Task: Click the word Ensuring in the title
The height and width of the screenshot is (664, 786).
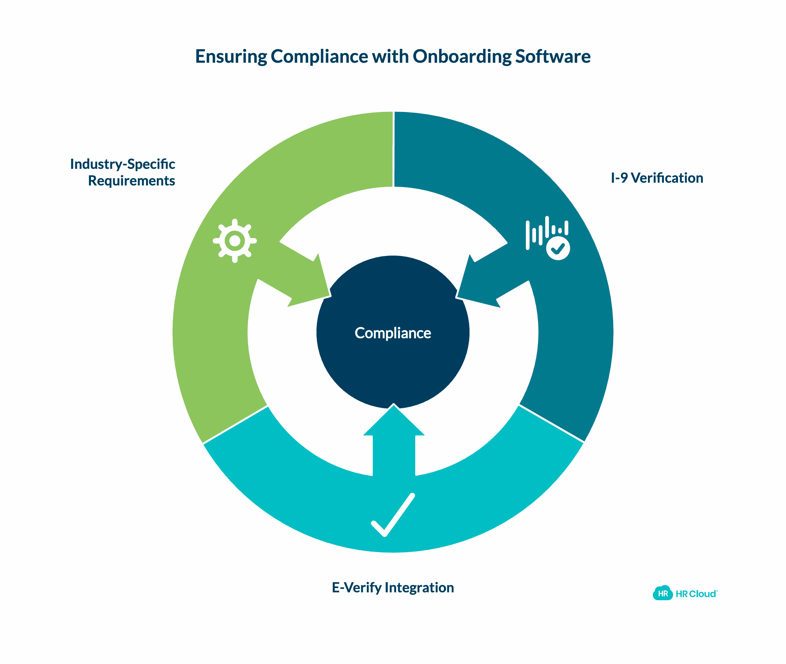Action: point(231,57)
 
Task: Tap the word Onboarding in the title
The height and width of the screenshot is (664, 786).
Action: point(462,57)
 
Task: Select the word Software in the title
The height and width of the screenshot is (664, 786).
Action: point(553,57)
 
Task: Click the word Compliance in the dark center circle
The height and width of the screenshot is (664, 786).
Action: point(393,333)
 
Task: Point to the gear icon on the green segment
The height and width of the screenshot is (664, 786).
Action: point(235,241)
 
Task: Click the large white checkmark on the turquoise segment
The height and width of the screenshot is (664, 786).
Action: point(393,514)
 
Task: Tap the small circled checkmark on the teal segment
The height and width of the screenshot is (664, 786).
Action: point(558,249)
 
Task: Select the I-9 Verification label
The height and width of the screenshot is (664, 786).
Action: point(657,178)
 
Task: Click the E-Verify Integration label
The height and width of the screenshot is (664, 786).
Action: point(393,588)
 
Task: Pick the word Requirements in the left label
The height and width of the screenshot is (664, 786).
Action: point(131,181)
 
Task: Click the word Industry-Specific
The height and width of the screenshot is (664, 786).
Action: point(122,164)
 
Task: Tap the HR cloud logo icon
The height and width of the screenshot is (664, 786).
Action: point(662,594)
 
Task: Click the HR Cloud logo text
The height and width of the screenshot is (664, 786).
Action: point(696,594)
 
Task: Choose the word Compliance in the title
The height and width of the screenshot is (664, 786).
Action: point(319,57)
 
